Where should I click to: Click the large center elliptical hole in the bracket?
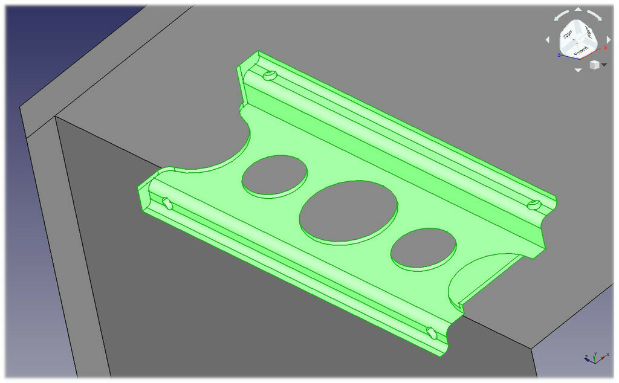tap(349, 211)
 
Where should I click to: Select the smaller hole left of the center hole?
tap(274, 175)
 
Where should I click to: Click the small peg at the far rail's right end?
tap(534, 205)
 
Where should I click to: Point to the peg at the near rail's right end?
tap(431, 332)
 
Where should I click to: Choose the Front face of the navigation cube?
tap(581, 51)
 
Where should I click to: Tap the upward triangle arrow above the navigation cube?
tap(578, 10)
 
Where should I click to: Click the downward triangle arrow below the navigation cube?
tap(578, 70)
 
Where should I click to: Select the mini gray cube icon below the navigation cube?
tap(594, 65)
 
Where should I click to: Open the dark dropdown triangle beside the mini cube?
tap(604, 65)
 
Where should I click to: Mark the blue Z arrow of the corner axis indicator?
tap(586, 360)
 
